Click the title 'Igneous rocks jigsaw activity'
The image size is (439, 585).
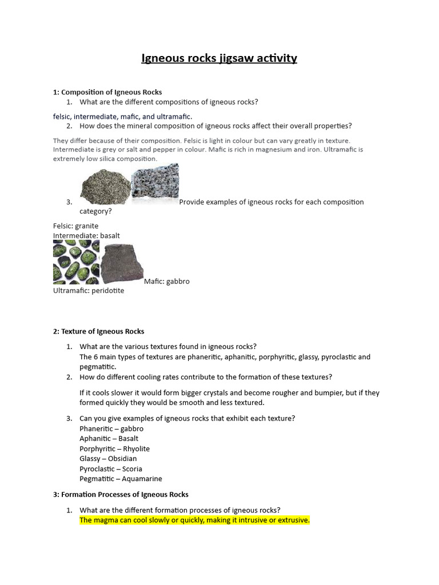pyautogui.click(x=219, y=58)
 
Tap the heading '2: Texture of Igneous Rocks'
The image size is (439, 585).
pyautogui.click(x=98, y=331)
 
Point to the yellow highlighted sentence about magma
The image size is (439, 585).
pyautogui.click(x=194, y=520)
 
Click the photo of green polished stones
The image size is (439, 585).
pyautogui.click(x=76, y=262)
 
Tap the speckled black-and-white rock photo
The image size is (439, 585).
pyautogui.click(x=155, y=185)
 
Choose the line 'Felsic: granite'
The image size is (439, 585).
pyautogui.click(x=75, y=226)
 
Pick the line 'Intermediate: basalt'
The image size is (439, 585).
pyautogui.click(x=86, y=235)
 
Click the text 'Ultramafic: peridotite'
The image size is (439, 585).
pyautogui.click(x=89, y=290)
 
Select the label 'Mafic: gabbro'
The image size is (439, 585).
pyautogui.click(x=166, y=281)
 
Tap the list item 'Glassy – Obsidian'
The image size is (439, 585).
pyautogui.click(x=108, y=458)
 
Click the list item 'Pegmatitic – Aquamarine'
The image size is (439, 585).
pyautogui.click(x=121, y=479)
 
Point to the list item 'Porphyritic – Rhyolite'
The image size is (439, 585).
pyautogui.click(x=114, y=448)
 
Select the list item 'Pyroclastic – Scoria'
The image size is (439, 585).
pyautogui.click(x=111, y=468)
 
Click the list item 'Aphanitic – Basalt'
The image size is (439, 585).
pyautogui.click(x=109, y=438)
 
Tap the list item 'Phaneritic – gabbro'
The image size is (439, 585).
pyautogui.click(x=111, y=428)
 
